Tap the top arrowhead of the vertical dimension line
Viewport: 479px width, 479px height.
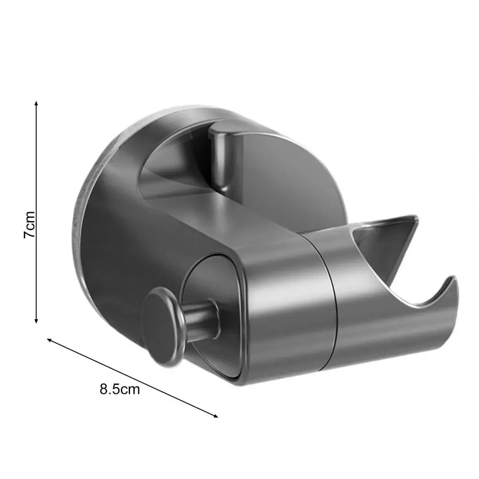36,103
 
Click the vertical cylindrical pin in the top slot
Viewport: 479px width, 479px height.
223,158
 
